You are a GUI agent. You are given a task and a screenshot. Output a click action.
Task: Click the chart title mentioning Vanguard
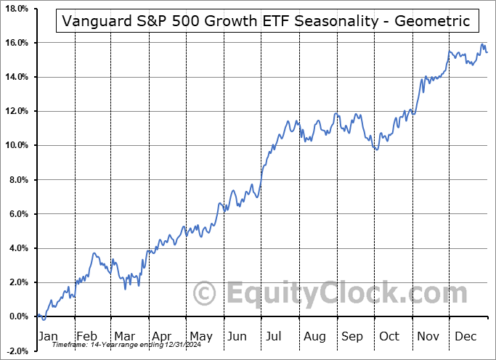point(267,21)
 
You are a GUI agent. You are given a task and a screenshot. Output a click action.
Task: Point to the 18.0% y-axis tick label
point(15,9)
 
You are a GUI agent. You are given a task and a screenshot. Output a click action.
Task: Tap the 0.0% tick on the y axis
point(17,316)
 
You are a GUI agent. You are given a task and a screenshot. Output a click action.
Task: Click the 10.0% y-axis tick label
point(15,145)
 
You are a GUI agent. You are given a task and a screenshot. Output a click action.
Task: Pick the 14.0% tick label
point(15,77)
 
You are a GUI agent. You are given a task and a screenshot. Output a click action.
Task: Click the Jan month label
point(47,336)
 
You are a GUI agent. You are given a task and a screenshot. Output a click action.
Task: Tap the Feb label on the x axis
point(86,336)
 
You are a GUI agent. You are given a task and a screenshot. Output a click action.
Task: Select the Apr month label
point(160,336)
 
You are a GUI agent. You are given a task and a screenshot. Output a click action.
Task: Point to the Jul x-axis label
point(274,336)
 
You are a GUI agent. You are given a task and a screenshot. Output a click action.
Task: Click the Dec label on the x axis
point(465,336)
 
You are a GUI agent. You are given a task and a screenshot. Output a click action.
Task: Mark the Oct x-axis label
point(389,336)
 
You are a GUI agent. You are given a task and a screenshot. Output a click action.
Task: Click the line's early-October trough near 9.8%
point(376,150)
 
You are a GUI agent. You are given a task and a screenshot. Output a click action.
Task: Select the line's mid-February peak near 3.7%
point(94,253)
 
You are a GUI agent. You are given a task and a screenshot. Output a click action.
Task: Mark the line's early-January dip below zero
point(44,319)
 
